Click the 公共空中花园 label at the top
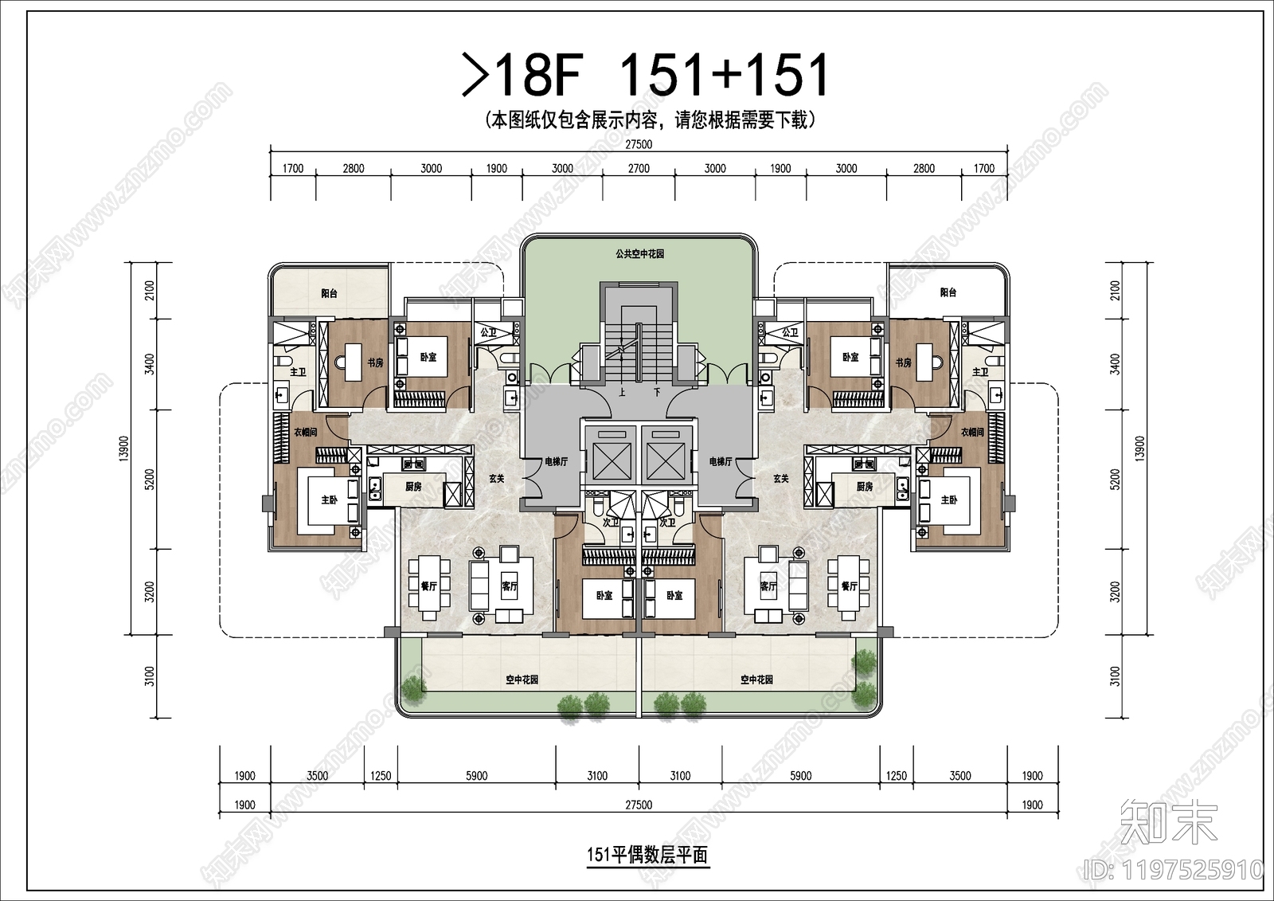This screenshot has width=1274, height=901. (639, 254)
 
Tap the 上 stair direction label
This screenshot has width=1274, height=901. (622, 392)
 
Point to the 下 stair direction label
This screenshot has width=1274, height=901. (657, 392)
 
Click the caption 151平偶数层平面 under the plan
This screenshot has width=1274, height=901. (647, 855)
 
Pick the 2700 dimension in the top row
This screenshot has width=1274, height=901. (639, 168)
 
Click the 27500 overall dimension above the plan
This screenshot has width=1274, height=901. (639, 144)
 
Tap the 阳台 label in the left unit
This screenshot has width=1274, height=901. (330, 293)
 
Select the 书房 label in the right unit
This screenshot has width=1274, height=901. (903, 362)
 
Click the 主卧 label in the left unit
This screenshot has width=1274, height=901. (330, 500)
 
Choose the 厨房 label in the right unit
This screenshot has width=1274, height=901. (865, 486)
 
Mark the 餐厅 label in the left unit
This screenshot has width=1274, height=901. (429, 586)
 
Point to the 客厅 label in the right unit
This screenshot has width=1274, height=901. (768, 586)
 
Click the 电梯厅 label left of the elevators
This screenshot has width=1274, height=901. (556, 461)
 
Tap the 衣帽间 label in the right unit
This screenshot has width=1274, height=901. (972, 432)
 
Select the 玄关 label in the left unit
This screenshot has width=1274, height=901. (497, 479)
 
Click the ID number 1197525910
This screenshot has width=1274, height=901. (1174, 869)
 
